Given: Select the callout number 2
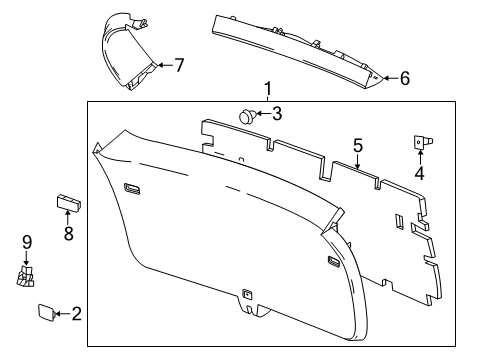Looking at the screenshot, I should coord(76,314).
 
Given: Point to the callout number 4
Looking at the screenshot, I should coord(420,173).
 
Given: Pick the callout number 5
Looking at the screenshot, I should coord(357,145).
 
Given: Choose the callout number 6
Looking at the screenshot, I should coord(404,77).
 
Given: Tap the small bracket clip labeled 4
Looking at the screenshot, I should coord(420,143).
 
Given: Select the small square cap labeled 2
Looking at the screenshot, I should coord(46,314).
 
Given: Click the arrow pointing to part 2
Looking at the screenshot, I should coord(61,314).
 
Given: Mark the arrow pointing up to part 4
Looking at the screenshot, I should coord(420,157).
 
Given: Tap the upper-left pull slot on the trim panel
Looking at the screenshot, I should coord(132,186).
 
